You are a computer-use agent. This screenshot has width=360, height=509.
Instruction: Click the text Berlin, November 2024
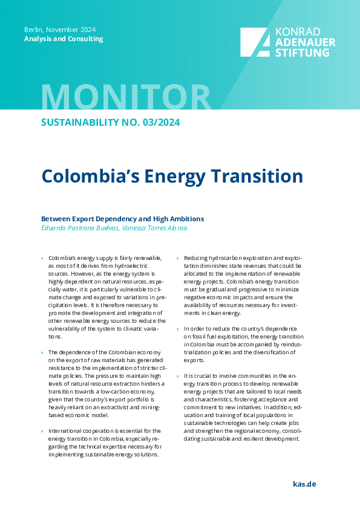coord(60,30)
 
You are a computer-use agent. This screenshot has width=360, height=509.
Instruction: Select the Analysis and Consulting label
coord(64,39)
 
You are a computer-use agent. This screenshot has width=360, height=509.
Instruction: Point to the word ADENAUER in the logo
coord(305,42)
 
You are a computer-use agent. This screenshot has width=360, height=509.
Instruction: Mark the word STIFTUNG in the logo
coord(302,53)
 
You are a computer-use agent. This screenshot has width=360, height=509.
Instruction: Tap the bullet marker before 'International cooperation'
coord(42,431)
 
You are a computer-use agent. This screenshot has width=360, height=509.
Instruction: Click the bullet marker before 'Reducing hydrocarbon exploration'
coord(177,258)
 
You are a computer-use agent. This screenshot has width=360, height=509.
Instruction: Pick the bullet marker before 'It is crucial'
coord(177,375)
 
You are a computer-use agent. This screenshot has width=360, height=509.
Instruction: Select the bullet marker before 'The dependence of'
coord(42,352)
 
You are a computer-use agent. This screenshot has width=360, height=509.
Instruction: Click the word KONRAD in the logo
coord(297,32)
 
